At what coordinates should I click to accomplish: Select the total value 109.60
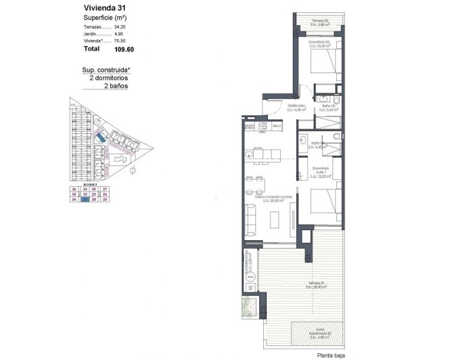click(114, 49)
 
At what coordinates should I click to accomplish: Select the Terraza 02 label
click(320, 21)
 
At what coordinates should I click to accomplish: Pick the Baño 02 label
click(330, 107)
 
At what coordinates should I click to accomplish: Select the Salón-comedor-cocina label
click(267, 198)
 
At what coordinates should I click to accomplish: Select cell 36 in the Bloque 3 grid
click(74, 188)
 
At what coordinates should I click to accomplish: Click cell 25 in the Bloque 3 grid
click(105, 200)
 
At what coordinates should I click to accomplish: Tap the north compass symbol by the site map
click(134, 169)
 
